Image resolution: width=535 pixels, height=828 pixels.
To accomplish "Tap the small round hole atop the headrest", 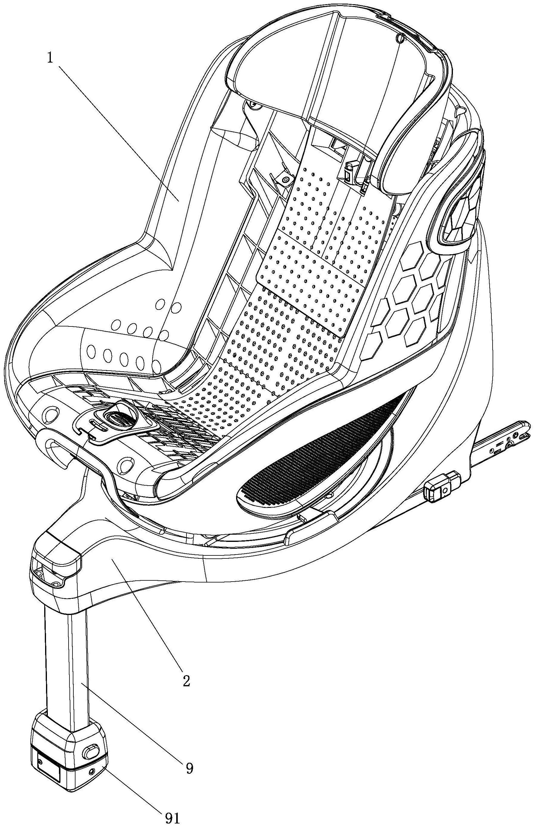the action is click(400, 38).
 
